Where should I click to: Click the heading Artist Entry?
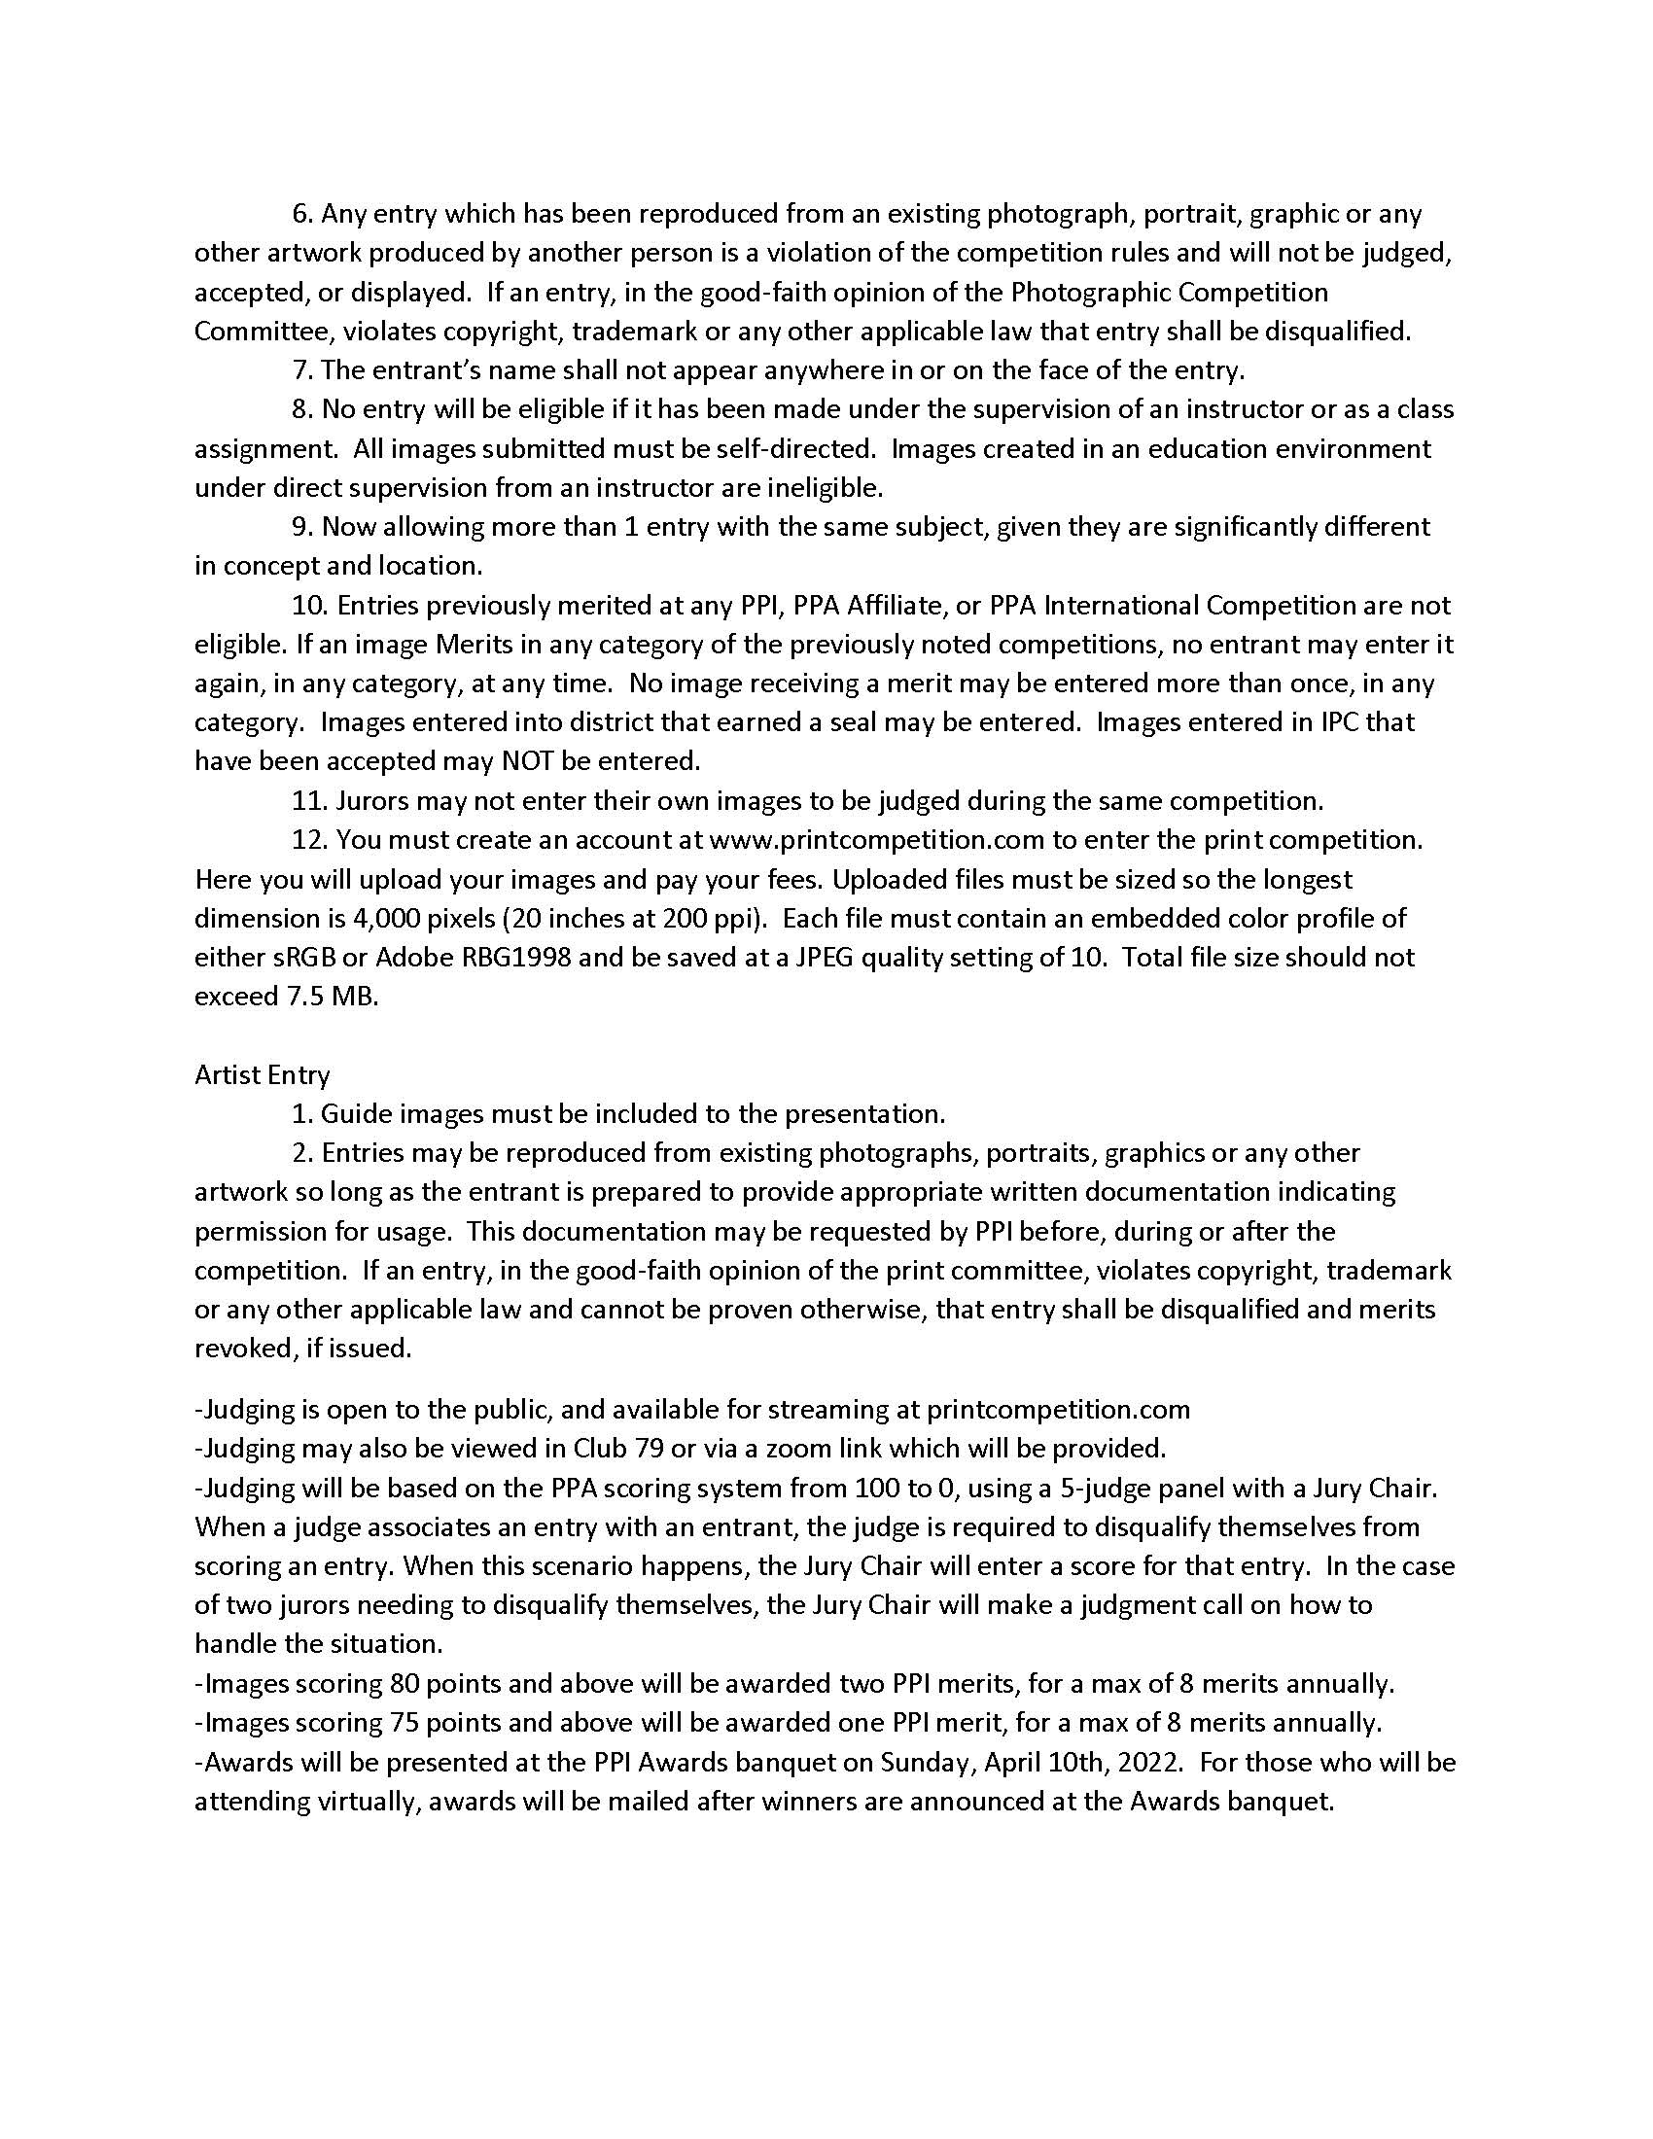tap(262, 1074)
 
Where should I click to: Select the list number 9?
tap(301, 526)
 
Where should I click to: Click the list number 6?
tap(301, 213)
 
